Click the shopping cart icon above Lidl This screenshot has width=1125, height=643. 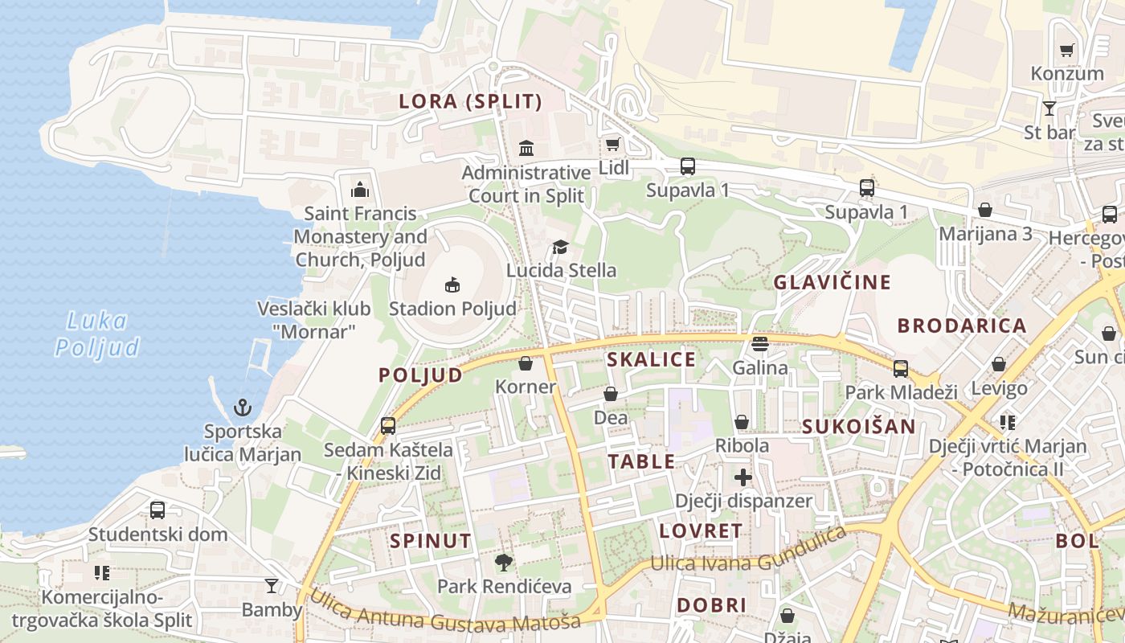612,145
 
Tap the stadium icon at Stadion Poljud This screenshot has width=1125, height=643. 452,285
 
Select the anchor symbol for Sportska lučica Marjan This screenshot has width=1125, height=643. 243,408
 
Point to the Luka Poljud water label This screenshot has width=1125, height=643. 97,334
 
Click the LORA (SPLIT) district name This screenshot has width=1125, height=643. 471,102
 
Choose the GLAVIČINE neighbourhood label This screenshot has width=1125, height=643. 832,282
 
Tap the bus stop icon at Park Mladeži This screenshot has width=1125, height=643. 901,369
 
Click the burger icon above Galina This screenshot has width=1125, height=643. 760,344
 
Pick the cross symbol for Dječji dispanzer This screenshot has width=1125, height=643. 743,477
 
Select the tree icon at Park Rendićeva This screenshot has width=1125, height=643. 504,563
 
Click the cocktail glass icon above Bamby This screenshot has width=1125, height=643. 272,586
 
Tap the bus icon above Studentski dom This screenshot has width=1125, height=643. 157,510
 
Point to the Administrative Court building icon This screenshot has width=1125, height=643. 527,148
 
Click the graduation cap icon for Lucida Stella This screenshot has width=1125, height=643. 560,247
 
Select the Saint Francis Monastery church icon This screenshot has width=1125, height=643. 360,190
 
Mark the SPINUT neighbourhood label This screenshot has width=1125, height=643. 431,541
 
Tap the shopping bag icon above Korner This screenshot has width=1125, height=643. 526,363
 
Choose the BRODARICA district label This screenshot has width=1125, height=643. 962,326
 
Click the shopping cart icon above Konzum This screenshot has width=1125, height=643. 1067,51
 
